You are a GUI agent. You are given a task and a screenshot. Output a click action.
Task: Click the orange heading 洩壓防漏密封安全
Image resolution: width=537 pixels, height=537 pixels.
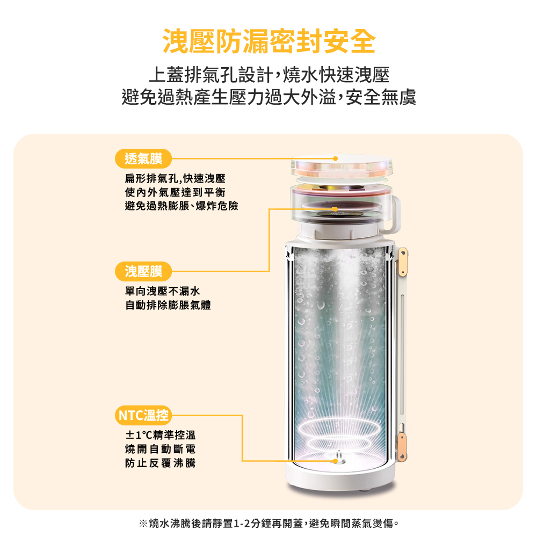pyautogui.click(x=269, y=41)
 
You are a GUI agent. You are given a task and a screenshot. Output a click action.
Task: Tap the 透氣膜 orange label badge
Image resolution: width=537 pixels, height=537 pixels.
pyautogui.click(x=143, y=158)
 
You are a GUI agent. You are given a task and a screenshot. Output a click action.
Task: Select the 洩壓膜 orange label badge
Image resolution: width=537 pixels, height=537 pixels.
pyautogui.click(x=143, y=271)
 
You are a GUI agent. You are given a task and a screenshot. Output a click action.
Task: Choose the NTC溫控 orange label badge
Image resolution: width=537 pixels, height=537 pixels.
pyautogui.click(x=143, y=415)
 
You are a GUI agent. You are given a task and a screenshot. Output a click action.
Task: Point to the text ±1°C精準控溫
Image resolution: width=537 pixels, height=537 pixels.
pyautogui.click(x=160, y=435)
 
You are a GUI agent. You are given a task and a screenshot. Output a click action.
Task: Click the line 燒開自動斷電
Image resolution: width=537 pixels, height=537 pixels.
pyautogui.click(x=160, y=449)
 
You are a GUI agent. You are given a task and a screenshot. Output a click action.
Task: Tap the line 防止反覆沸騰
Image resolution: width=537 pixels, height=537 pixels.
pyautogui.click(x=160, y=463)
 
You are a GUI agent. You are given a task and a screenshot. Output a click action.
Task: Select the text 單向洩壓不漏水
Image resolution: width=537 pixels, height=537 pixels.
pyautogui.click(x=162, y=291)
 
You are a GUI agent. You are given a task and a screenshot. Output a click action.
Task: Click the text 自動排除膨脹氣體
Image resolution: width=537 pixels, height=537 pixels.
pyautogui.click(x=168, y=305)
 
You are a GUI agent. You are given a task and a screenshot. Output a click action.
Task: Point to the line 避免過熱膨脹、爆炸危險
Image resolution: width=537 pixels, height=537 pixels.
pyautogui.click(x=182, y=206)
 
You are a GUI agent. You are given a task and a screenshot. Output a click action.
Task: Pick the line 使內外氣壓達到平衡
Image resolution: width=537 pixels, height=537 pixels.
pyautogui.click(x=175, y=192)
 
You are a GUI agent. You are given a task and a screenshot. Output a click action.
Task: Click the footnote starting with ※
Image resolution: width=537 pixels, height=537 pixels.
pyautogui.click(x=269, y=523)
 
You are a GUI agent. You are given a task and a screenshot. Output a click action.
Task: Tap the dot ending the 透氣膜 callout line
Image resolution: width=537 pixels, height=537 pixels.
pyautogui.click(x=336, y=158)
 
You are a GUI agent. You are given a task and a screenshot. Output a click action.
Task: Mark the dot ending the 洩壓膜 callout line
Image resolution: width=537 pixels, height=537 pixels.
pyautogui.click(x=335, y=209)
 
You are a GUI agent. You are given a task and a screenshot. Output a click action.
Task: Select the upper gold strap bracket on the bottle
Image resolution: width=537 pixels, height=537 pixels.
pyautogui.click(x=403, y=263)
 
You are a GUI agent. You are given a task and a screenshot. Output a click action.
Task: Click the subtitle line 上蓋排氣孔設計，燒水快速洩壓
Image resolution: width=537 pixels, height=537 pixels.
pyautogui.click(x=269, y=75)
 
